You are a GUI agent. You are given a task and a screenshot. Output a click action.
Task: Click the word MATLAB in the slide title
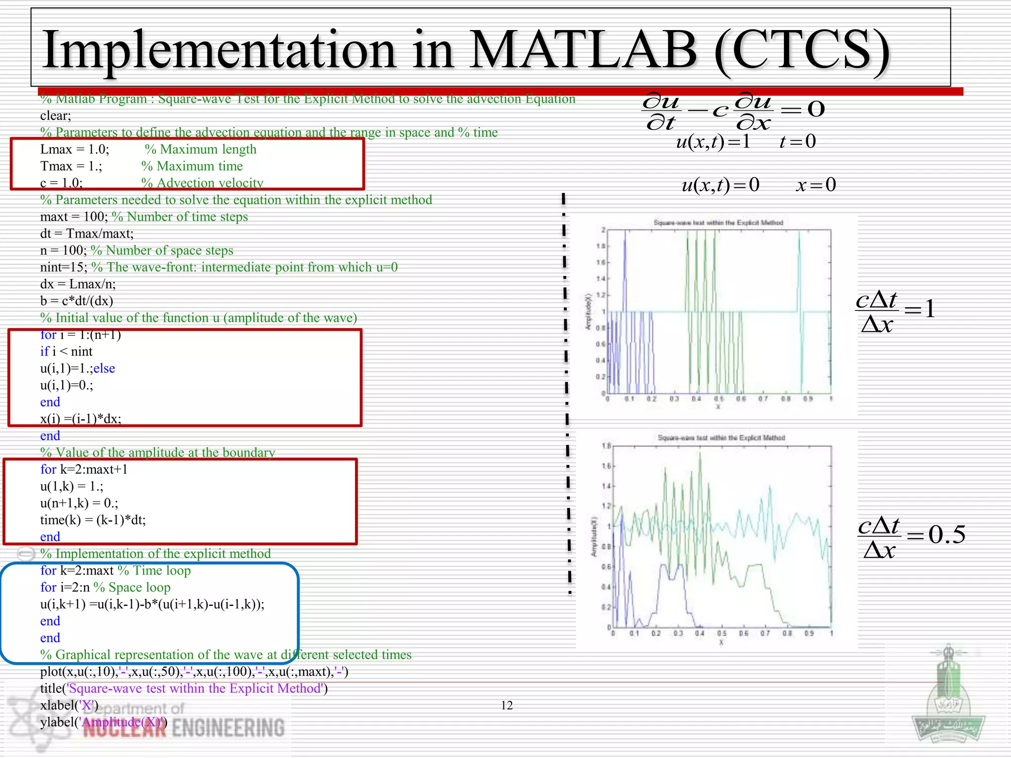[583, 49]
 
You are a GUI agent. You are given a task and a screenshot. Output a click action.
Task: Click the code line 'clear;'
[56, 116]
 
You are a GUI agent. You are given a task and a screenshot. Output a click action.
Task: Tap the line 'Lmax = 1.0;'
[75, 150]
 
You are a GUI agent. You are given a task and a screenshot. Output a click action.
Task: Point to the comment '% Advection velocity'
[202, 183]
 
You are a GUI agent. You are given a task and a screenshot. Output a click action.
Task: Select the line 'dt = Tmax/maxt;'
[87, 233]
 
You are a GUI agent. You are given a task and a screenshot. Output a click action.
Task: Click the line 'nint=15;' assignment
[64, 267]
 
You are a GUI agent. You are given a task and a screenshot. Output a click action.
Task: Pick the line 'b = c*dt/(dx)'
[77, 301]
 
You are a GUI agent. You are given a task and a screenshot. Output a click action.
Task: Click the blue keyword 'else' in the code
[104, 369]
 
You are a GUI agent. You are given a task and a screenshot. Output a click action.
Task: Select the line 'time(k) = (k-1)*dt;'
[93, 520]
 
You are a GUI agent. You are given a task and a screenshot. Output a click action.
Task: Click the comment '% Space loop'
[132, 588]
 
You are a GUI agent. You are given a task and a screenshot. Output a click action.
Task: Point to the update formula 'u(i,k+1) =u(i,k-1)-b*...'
[152, 605]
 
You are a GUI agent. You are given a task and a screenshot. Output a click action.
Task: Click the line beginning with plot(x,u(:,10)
[194, 672]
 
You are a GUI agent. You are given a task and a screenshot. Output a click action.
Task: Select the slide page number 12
[506, 706]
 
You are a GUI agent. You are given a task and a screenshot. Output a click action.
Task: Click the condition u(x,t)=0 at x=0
[758, 185]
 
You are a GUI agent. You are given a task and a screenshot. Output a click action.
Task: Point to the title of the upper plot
[718, 223]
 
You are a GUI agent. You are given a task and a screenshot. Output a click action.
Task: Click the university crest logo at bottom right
[948, 701]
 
